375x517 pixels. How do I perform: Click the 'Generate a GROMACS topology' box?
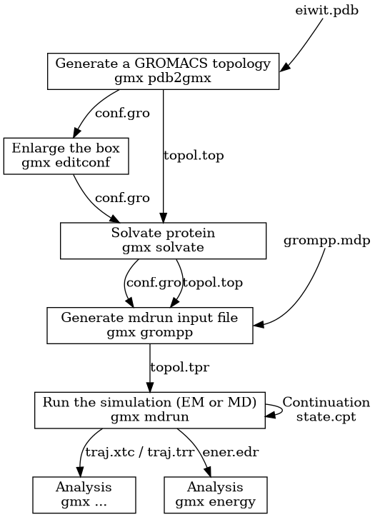click(163, 71)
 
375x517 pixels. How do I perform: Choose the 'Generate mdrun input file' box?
click(149, 325)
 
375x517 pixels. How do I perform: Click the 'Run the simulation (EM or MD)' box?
click(149, 409)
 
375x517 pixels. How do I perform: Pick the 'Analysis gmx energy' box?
click(215, 494)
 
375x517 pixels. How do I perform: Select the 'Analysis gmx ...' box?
click(84, 494)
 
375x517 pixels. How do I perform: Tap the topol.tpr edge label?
click(179, 367)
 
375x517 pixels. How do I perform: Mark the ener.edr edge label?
click(231, 452)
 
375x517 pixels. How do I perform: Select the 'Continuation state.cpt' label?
click(326, 409)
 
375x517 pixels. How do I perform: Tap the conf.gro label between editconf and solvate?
click(122, 198)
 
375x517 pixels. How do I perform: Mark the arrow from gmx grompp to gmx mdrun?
click(149, 367)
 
